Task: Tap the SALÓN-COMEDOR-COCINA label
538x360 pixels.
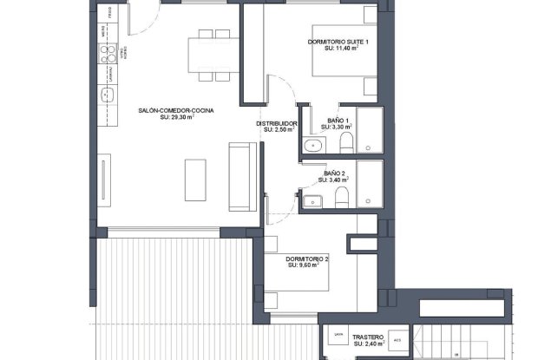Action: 175,110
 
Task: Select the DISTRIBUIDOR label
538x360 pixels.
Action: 277,123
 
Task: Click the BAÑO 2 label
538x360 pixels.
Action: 335,173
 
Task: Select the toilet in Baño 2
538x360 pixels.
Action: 341,200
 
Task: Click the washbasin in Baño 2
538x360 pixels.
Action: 312,202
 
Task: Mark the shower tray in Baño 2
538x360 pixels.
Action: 370,184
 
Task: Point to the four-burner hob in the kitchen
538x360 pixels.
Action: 109,56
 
